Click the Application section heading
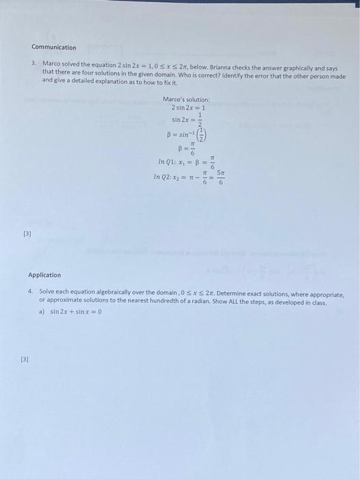point(44,275)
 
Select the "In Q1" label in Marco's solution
point(165,161)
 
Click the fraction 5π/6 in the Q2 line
point(220,177)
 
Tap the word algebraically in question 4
point(105,293)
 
